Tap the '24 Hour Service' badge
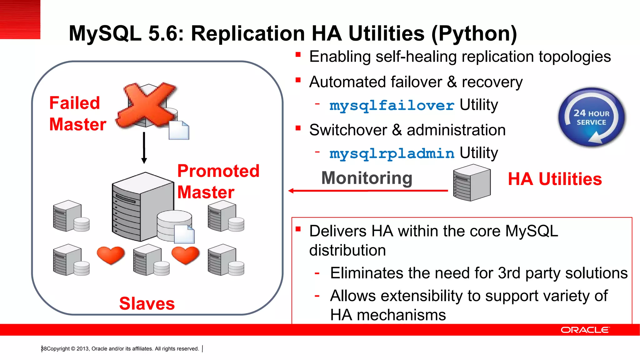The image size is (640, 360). click(592, 117)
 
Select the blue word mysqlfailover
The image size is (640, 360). click(392, 105)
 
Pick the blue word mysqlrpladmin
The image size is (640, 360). click(392, 153)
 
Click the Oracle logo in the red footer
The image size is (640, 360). click(585, 330)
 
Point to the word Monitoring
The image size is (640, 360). click(367, 178)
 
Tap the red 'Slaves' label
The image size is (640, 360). click(147, 303)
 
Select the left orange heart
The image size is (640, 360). click(111, 255)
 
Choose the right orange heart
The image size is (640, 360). click(186, 255)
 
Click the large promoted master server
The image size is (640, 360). click(142, 206)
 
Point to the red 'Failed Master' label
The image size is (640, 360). click(77, 113)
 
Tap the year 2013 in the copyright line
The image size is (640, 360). click(82, 349)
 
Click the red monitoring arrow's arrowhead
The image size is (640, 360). click(291, 191)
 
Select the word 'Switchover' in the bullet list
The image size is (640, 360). click(348, 130)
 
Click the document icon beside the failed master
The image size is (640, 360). click(179, 130)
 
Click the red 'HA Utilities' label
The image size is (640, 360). click(555, 179)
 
